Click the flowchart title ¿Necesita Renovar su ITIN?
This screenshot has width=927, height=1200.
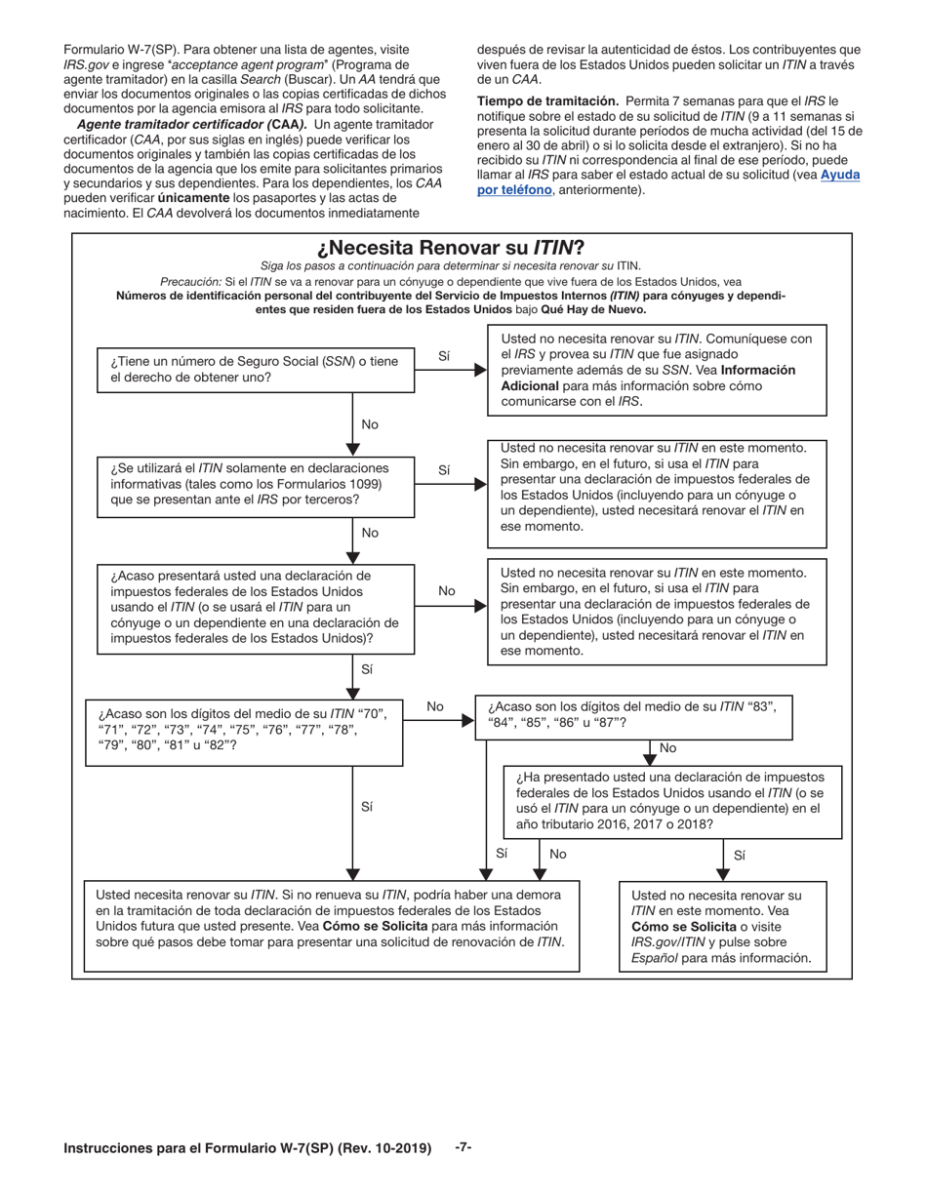pyautogui.click(x=463, y=248)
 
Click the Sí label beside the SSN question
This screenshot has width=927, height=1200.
pyautogui.click(x=445, y=356)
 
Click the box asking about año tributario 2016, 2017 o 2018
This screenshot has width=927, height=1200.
pyautogui.click(x=672, y=800)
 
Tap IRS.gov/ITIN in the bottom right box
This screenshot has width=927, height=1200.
pyautogui.click(x=668, y=941)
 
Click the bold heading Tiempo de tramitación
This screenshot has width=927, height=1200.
pyautogui.click(x=547, y=100)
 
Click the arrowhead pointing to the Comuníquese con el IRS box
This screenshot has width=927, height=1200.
pyautogui.click(x=480, y=370)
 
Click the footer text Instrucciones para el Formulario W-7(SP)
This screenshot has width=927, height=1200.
pyautogui.click(x=247, y=1148)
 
